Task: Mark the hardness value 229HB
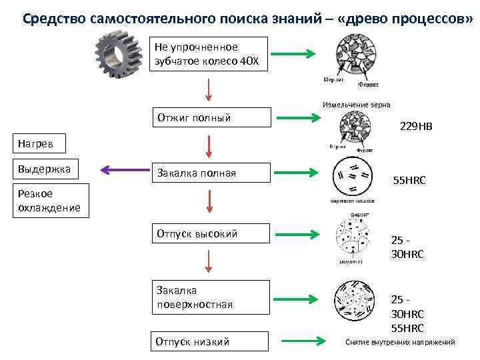click(x=415, y=125)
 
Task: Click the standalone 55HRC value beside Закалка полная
click(x=409, y=180)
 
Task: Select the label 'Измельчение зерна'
click(x=357, y=105)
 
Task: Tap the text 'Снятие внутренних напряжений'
click(x=400, y=342)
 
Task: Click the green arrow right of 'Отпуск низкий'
click(x=305, y=341)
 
